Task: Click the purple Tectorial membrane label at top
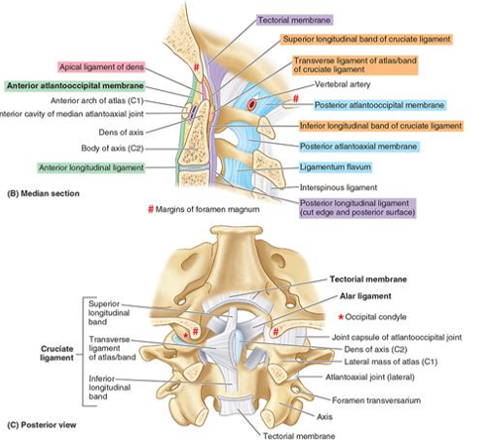point(294,20)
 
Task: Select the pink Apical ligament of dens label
point(102,67)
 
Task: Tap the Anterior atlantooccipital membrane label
point(75,86)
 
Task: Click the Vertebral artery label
point(343,84)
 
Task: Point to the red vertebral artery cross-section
point(251,104)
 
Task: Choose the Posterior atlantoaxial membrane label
point(358,147)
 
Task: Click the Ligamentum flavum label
point(336,167)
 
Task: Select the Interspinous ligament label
point(339,187)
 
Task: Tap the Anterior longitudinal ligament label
point(91,167)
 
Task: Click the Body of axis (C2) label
point(113,149)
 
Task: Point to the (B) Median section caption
point(44,193)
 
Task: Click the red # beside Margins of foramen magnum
point(150,209)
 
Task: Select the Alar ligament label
point(365,296)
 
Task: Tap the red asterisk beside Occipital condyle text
point(341,317)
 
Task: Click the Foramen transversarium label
point(376,400)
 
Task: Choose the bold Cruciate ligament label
point(56,353)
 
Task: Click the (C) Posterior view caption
point(42,425)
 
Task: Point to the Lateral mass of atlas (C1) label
point(391,362)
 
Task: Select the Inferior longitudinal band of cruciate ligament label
point(381,126)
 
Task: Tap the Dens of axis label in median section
point(121,133)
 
